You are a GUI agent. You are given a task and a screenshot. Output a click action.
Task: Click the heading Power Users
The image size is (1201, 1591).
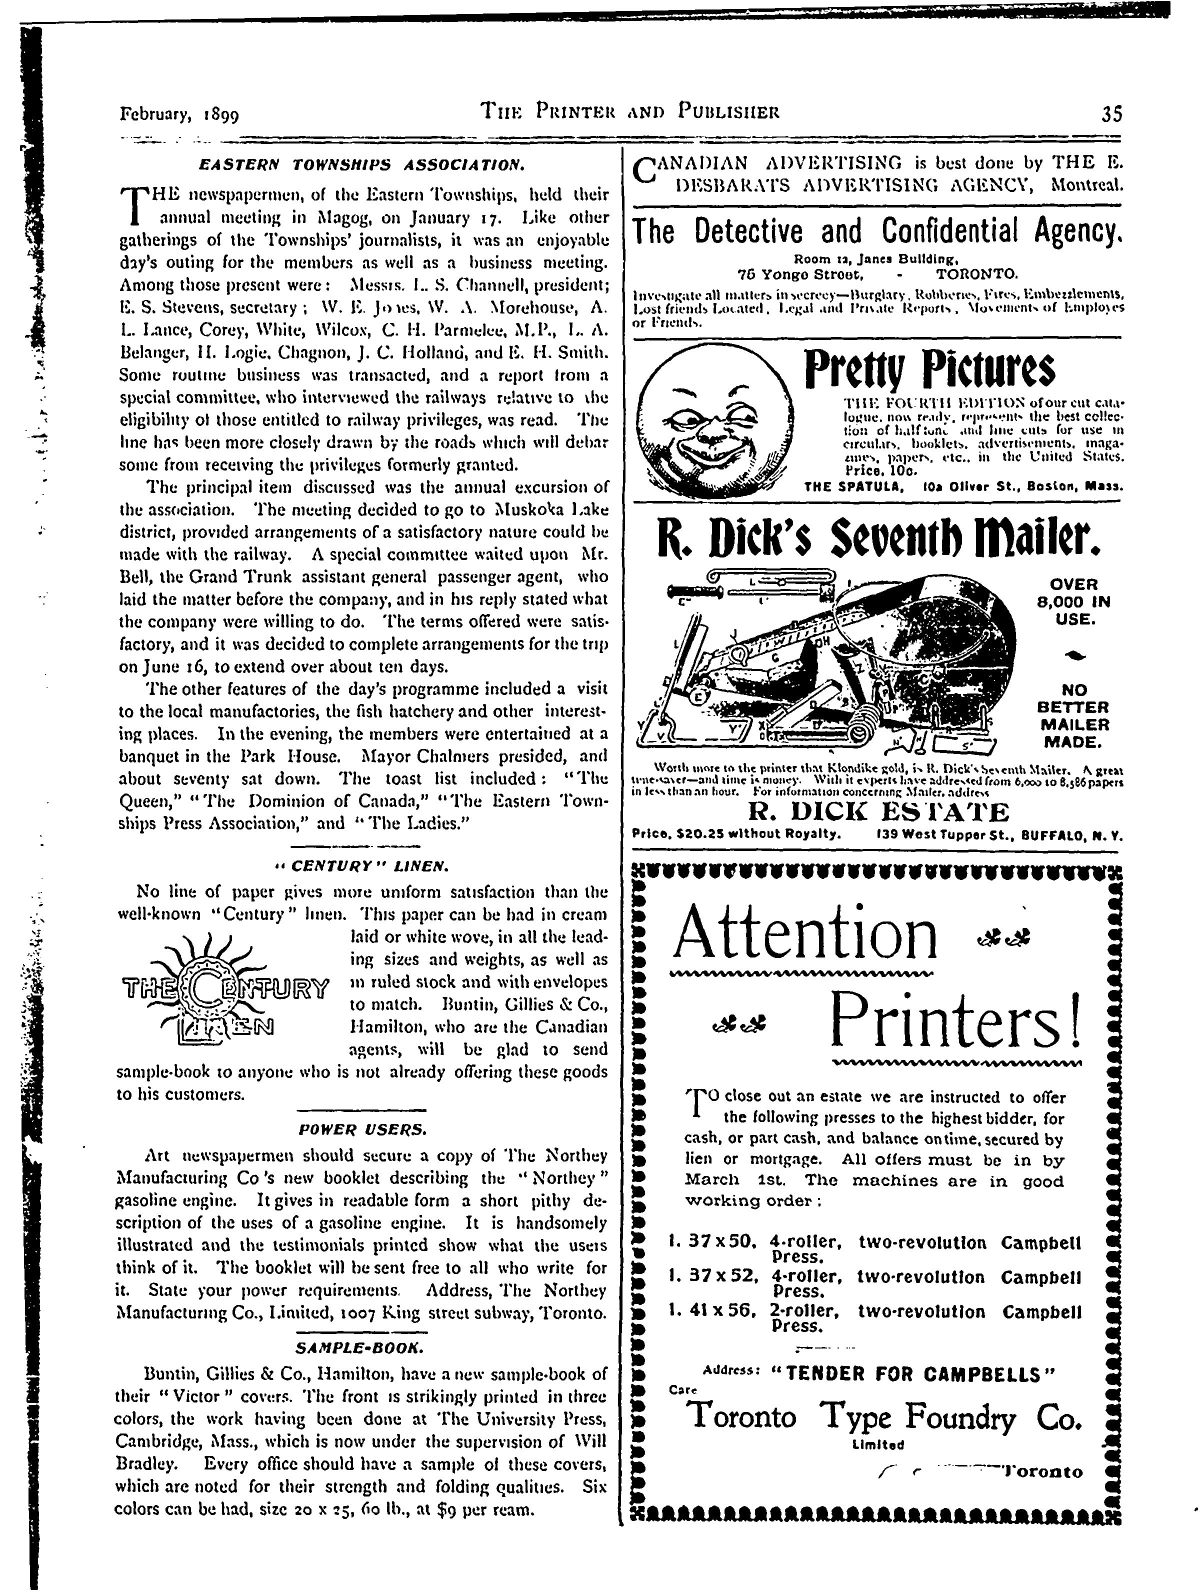[363, 1128]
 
